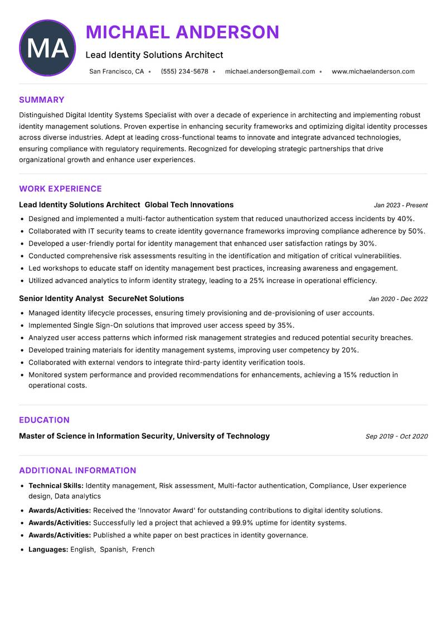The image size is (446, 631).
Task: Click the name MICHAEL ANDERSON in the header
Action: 182,32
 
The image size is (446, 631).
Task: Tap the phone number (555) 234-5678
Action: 184,71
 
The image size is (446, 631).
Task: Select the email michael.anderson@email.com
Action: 270,71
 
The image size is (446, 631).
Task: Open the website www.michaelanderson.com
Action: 373,71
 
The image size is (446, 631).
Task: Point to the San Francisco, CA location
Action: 117,71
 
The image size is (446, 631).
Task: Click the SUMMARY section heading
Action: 42,100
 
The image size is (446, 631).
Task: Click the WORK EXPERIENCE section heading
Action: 60,189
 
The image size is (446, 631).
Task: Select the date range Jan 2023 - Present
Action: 400,205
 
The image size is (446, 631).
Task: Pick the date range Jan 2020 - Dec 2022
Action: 398,299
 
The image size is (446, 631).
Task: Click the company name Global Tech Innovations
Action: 189,205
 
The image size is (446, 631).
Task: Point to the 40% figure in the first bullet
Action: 406,219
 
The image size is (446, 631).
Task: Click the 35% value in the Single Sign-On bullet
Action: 285,325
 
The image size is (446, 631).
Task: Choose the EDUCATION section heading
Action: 44,420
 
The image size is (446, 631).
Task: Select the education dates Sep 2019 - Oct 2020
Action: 396,436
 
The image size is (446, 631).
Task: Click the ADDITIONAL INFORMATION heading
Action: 77,470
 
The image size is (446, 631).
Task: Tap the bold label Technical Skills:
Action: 56,486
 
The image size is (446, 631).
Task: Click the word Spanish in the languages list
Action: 113,549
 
